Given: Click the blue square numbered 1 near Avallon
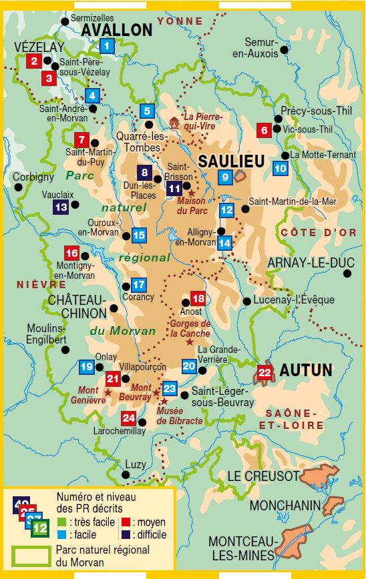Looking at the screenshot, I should [106, 46].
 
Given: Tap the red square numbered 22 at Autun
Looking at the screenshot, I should [265, 372].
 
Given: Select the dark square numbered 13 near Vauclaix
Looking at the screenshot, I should [61, 207].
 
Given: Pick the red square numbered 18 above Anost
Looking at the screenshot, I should [198, 298].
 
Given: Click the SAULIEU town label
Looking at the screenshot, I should [230, 161].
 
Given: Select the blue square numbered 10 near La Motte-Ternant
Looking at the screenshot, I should [281, 168].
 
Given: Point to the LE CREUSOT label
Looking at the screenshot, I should [262, 476].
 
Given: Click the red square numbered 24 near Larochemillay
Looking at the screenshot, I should [129, 418].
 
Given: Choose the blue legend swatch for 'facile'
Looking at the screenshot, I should [61, 534].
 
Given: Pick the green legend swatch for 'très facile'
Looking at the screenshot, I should [61, 522].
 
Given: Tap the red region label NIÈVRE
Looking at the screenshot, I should [32, 285].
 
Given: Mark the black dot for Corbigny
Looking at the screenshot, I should [19, 189].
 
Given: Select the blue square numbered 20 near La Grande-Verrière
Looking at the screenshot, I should [189, 366].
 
